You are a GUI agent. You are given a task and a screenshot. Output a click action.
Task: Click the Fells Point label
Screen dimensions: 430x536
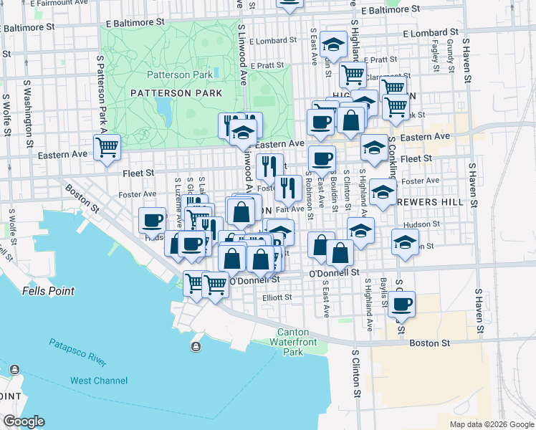49,291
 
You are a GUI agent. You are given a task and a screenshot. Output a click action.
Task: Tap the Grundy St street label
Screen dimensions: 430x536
450,52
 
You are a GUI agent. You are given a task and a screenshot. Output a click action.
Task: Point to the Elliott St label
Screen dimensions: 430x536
276,297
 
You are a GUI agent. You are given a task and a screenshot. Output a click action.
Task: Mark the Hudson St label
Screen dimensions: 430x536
446,224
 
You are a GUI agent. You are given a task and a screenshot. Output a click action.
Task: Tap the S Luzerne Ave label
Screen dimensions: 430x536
178,202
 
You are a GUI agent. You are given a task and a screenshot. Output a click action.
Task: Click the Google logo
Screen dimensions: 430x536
24,422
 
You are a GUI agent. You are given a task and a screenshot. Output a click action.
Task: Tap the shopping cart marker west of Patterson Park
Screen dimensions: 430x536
107,148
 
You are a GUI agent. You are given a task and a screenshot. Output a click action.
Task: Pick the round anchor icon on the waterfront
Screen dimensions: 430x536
195,348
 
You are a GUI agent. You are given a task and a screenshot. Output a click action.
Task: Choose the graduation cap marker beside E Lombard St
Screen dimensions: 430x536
333,45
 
